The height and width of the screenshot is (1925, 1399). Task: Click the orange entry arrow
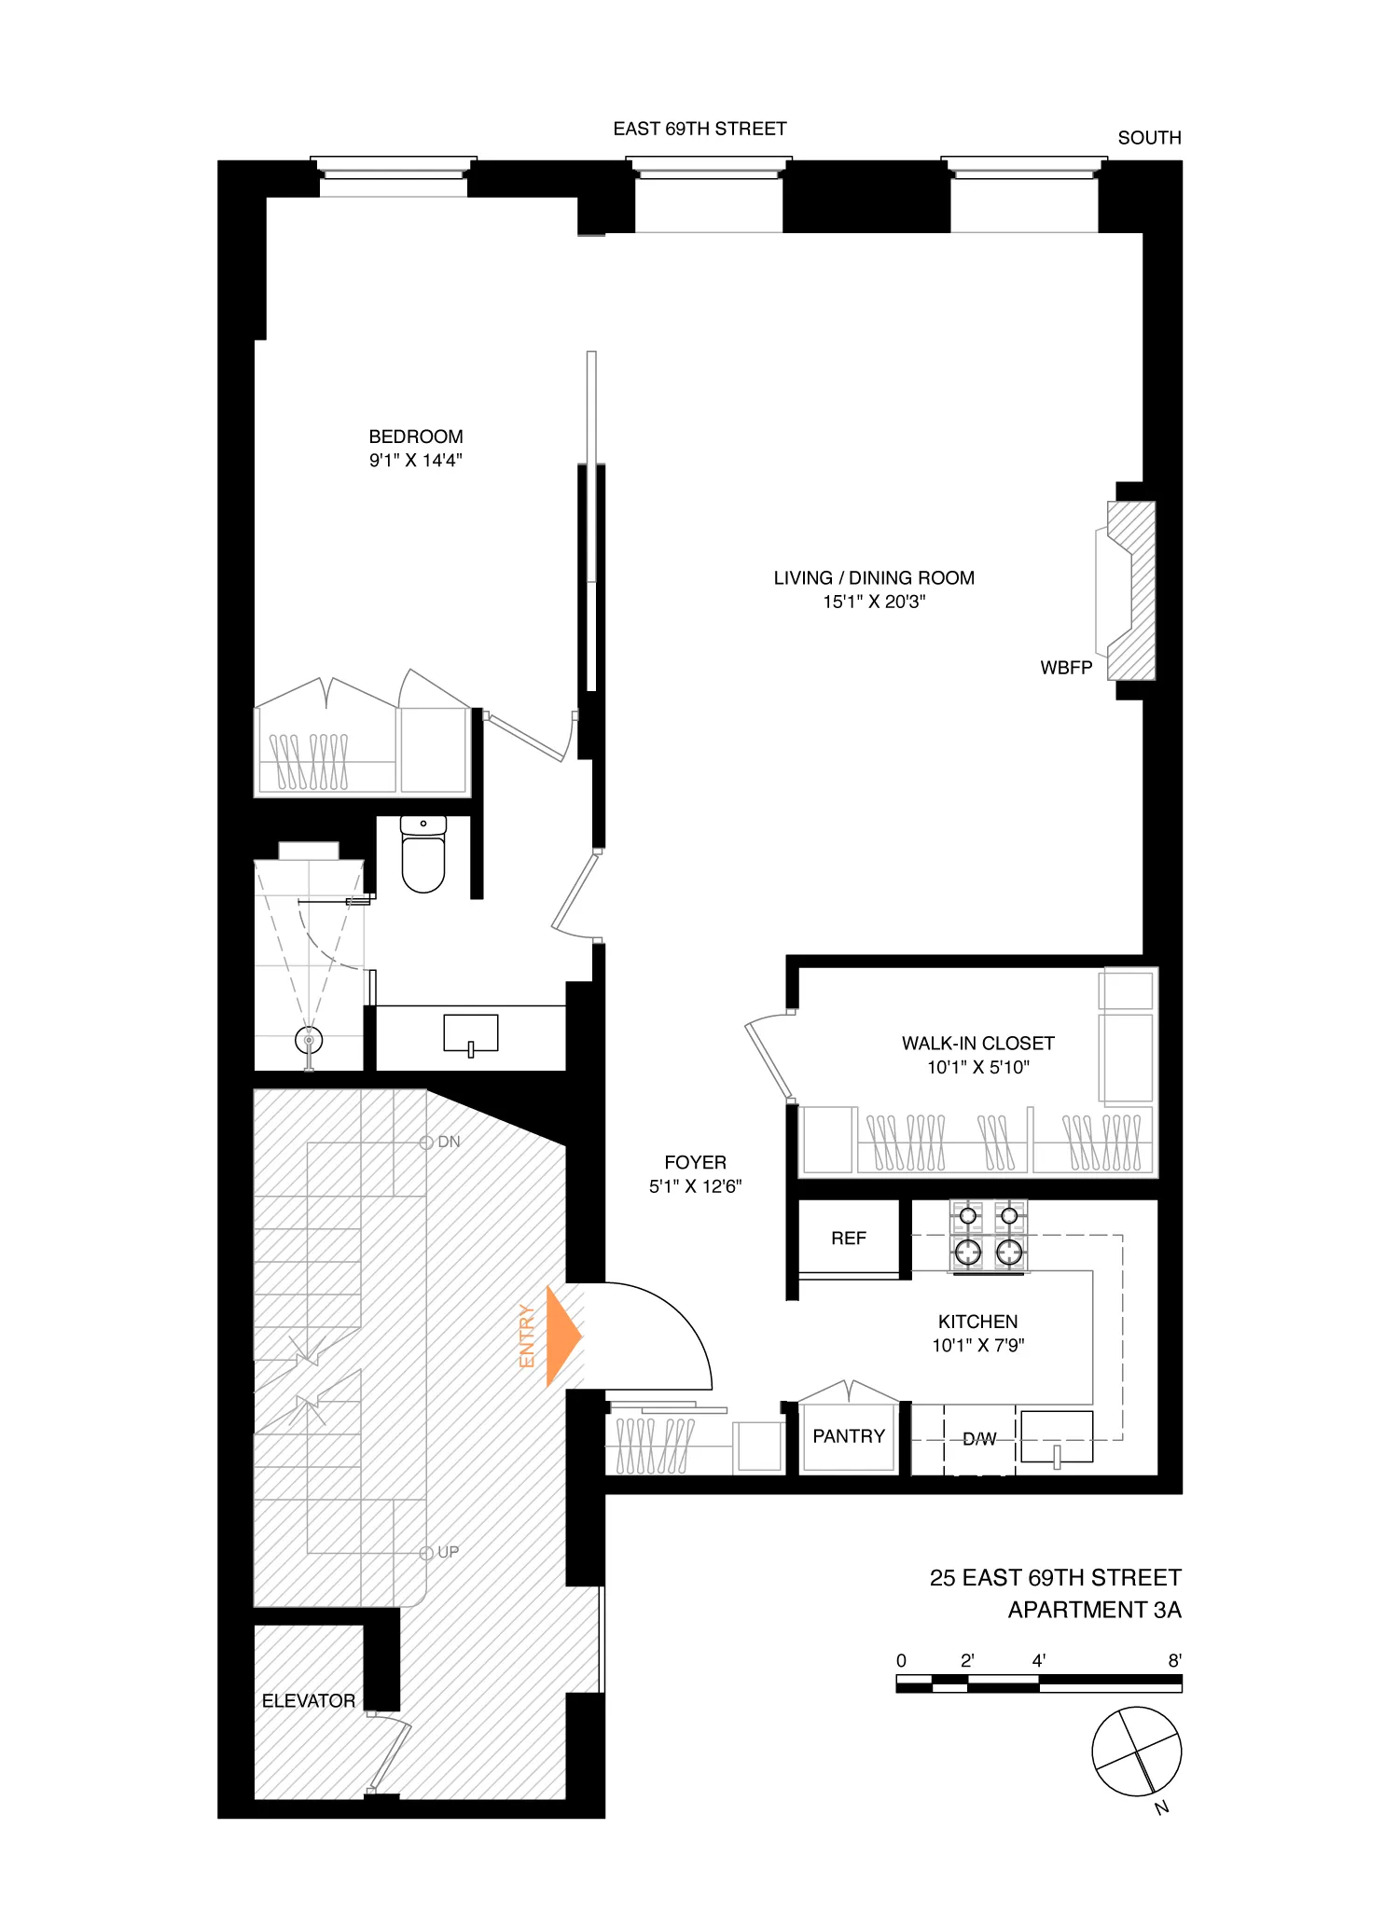[562, 1336]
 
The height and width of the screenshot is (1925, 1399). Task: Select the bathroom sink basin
[471, 1033]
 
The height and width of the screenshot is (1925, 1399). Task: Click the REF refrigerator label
[848, 1239]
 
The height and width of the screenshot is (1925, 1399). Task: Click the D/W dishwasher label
[979, 1439]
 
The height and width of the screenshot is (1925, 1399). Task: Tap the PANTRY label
[848, 1436]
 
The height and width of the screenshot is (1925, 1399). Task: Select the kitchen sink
[1057, 1437]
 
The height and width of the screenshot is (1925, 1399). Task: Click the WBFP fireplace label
[1066, 668]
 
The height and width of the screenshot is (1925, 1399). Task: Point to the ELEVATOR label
[308, 1701]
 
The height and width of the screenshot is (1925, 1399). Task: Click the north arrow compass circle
[1136, 1752]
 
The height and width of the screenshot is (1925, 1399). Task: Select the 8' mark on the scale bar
[1175, 1660]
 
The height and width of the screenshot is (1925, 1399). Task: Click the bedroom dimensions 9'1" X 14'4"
[416, 460]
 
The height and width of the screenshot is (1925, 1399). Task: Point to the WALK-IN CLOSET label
[977, 1044]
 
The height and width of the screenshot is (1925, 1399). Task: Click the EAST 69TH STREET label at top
[699, 129]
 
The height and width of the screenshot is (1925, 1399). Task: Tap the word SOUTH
[1149, 138]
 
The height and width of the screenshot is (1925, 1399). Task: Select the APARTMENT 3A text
[1094, 1611]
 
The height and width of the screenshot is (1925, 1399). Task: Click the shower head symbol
[309, 1039]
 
